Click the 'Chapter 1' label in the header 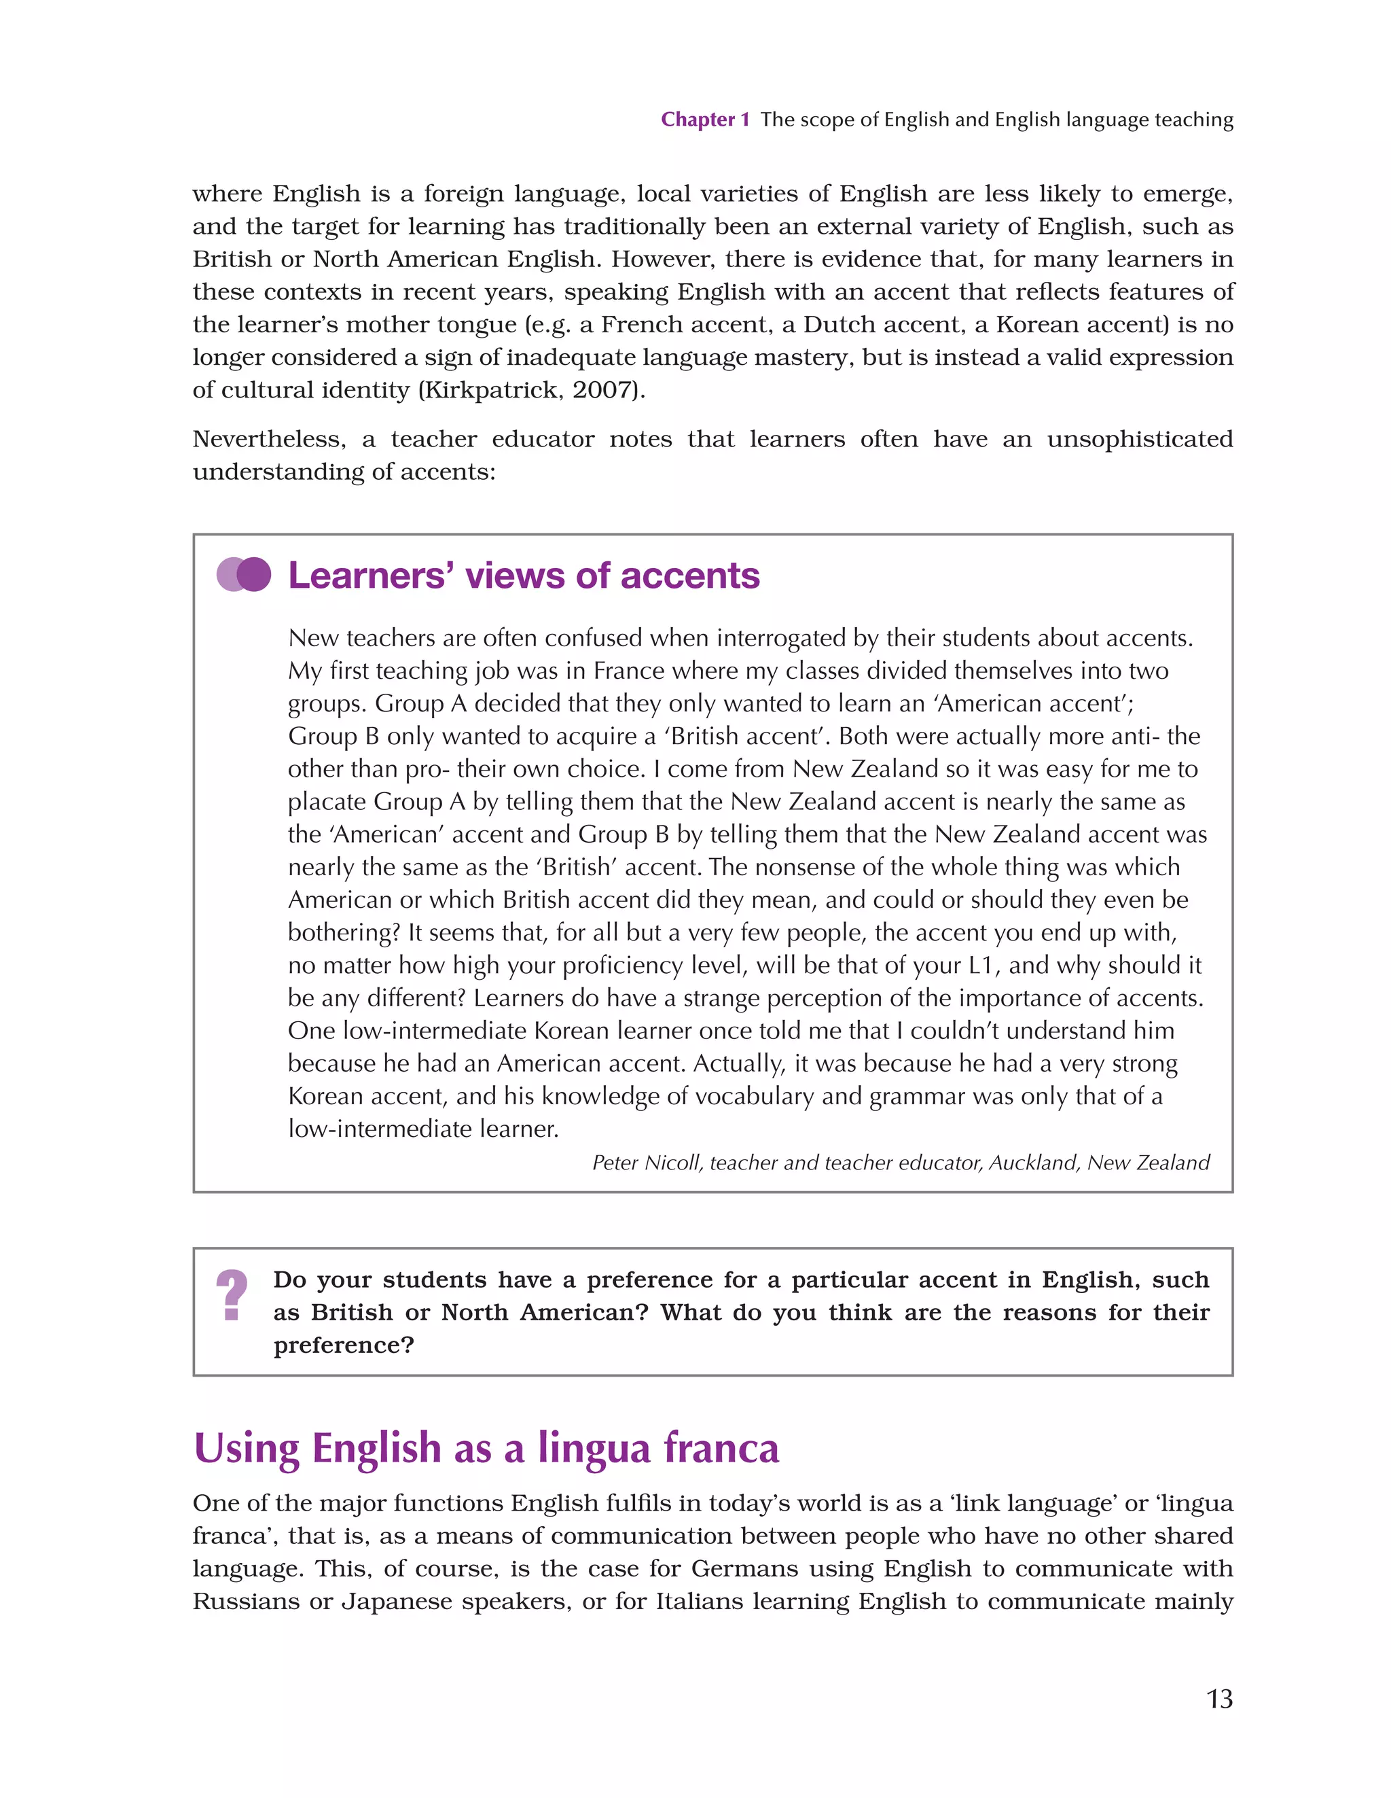704,120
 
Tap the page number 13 1219,1698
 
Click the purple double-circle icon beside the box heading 244,575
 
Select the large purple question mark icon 232,1296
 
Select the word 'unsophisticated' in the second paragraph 1139,439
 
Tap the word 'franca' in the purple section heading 721,1448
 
